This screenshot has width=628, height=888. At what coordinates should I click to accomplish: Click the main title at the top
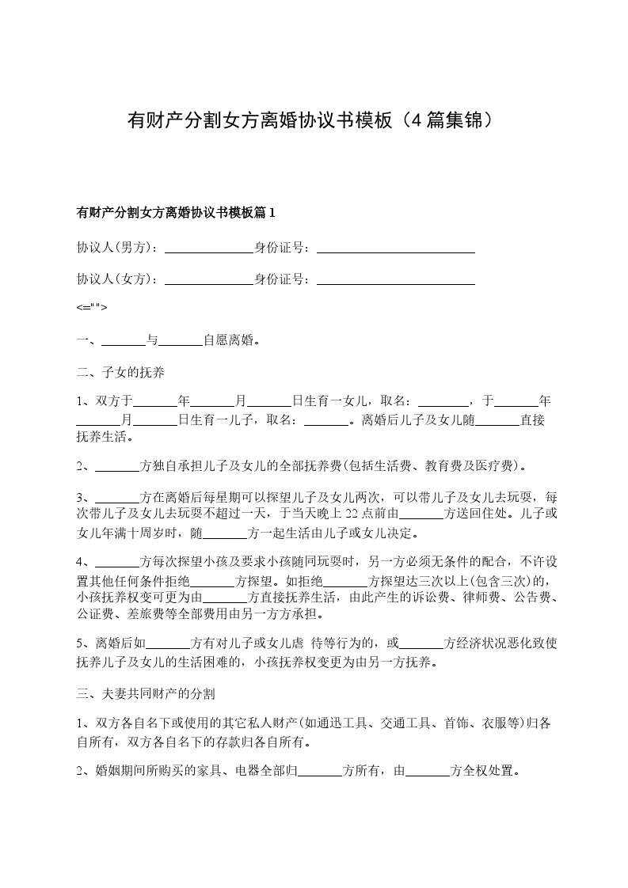(314, 120)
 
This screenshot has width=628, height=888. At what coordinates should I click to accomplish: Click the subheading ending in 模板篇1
(175, 212)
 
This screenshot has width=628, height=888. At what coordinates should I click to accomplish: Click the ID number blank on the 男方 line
(395, 248)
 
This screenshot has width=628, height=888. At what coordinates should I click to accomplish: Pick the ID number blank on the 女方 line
(395, 279)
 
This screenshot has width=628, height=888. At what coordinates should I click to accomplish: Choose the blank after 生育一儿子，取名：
(326, 419)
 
